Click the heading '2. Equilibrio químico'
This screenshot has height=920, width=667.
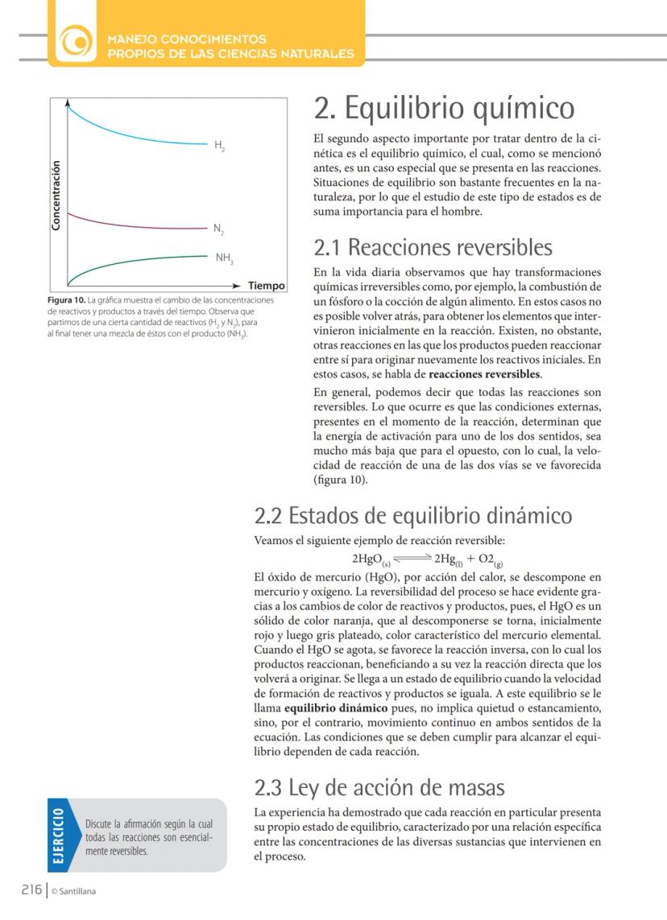(x=444, y=108)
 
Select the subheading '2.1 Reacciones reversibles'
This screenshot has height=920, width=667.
(x=433, y=246)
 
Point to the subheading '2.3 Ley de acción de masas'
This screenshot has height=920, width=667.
(x=379, y=786)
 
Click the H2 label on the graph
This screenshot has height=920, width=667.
(x=219, y=146)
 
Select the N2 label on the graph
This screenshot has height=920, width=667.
(x=218, y=229)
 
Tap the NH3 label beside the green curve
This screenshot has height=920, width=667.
(x=224, y=258)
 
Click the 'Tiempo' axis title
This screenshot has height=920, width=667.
(x=267, y=286)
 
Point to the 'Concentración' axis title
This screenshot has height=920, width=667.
(x=56, y=196)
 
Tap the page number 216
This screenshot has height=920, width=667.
(x=31, y=889)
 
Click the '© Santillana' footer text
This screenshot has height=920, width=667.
(x=73, y=890)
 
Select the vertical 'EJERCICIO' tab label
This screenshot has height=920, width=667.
(x=59, y=835)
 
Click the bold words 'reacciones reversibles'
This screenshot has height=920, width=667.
(x=484, y=374)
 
